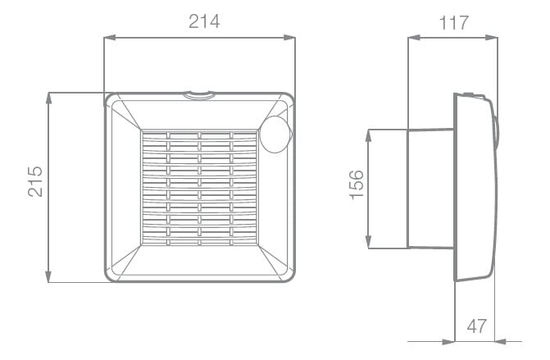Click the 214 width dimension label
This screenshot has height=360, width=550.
tap(204, 21)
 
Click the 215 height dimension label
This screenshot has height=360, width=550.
tap(35, 181)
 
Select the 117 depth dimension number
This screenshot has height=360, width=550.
tap(454, 23)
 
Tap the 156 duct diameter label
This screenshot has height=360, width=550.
tap(357, 185)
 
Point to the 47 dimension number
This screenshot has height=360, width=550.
tap(477, 326)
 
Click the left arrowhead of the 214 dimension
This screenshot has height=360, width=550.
tap(110, 38)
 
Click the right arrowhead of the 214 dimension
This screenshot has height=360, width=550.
tap(289, 38)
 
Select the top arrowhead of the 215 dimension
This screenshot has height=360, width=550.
tap(48, 98)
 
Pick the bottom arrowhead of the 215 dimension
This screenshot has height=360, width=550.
tap(48, 277)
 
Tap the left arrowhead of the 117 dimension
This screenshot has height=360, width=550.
tap(414, 38)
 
